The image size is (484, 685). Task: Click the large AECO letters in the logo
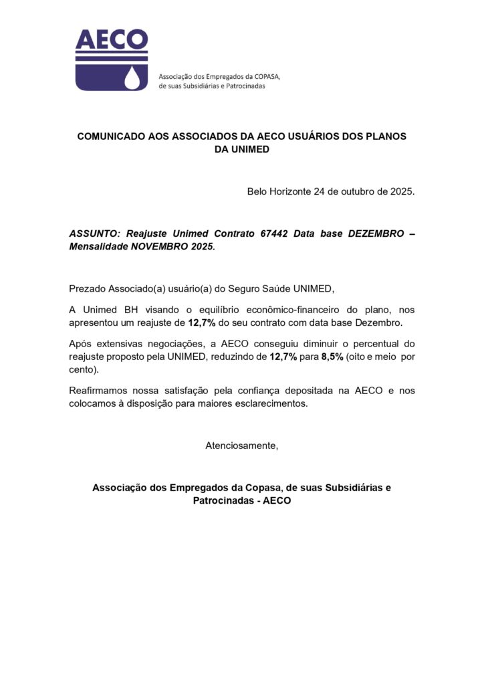pos(111,40)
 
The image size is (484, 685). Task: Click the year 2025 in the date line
pos(403,191)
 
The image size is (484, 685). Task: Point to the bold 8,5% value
pos(332,357)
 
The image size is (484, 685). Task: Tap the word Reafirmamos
pos(99,391)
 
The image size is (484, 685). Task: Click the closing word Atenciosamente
pos(241,446)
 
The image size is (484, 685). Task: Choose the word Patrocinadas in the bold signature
pos(221,500)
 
